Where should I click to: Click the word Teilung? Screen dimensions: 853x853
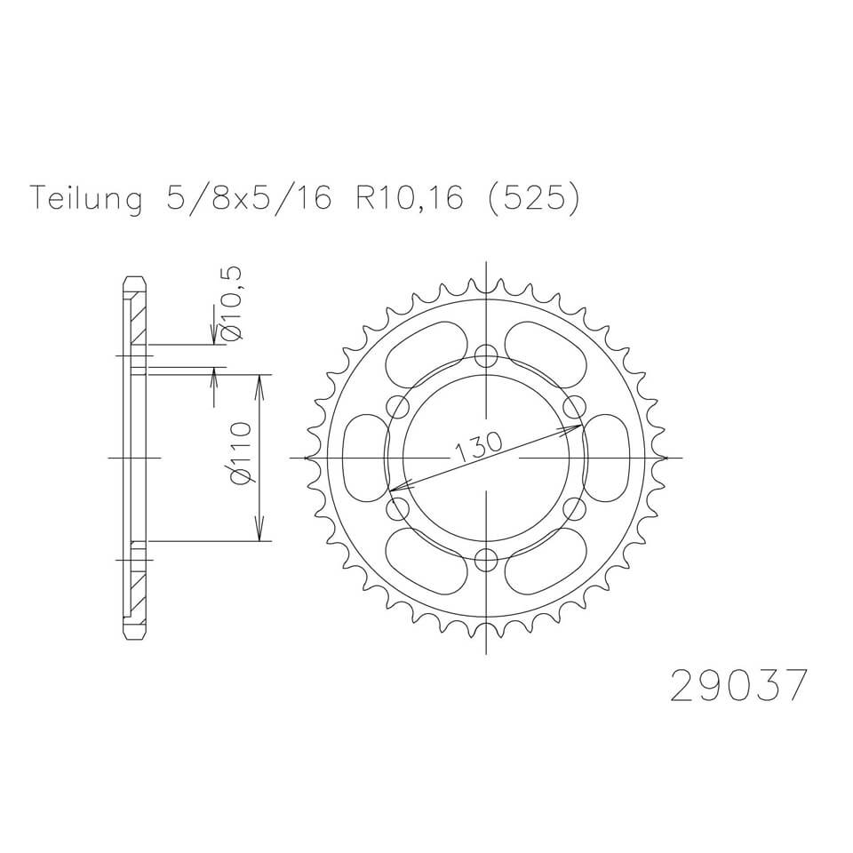tap(86, 200)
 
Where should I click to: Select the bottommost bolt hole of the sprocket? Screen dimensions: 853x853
tap(486, 560)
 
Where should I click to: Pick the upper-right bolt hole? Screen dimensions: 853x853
tap(575, 408)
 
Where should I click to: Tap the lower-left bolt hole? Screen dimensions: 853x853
tap(398, 509)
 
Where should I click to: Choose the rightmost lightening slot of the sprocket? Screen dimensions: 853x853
tap(612, 458)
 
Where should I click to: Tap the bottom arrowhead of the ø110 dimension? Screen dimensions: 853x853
tap(259, 533)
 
